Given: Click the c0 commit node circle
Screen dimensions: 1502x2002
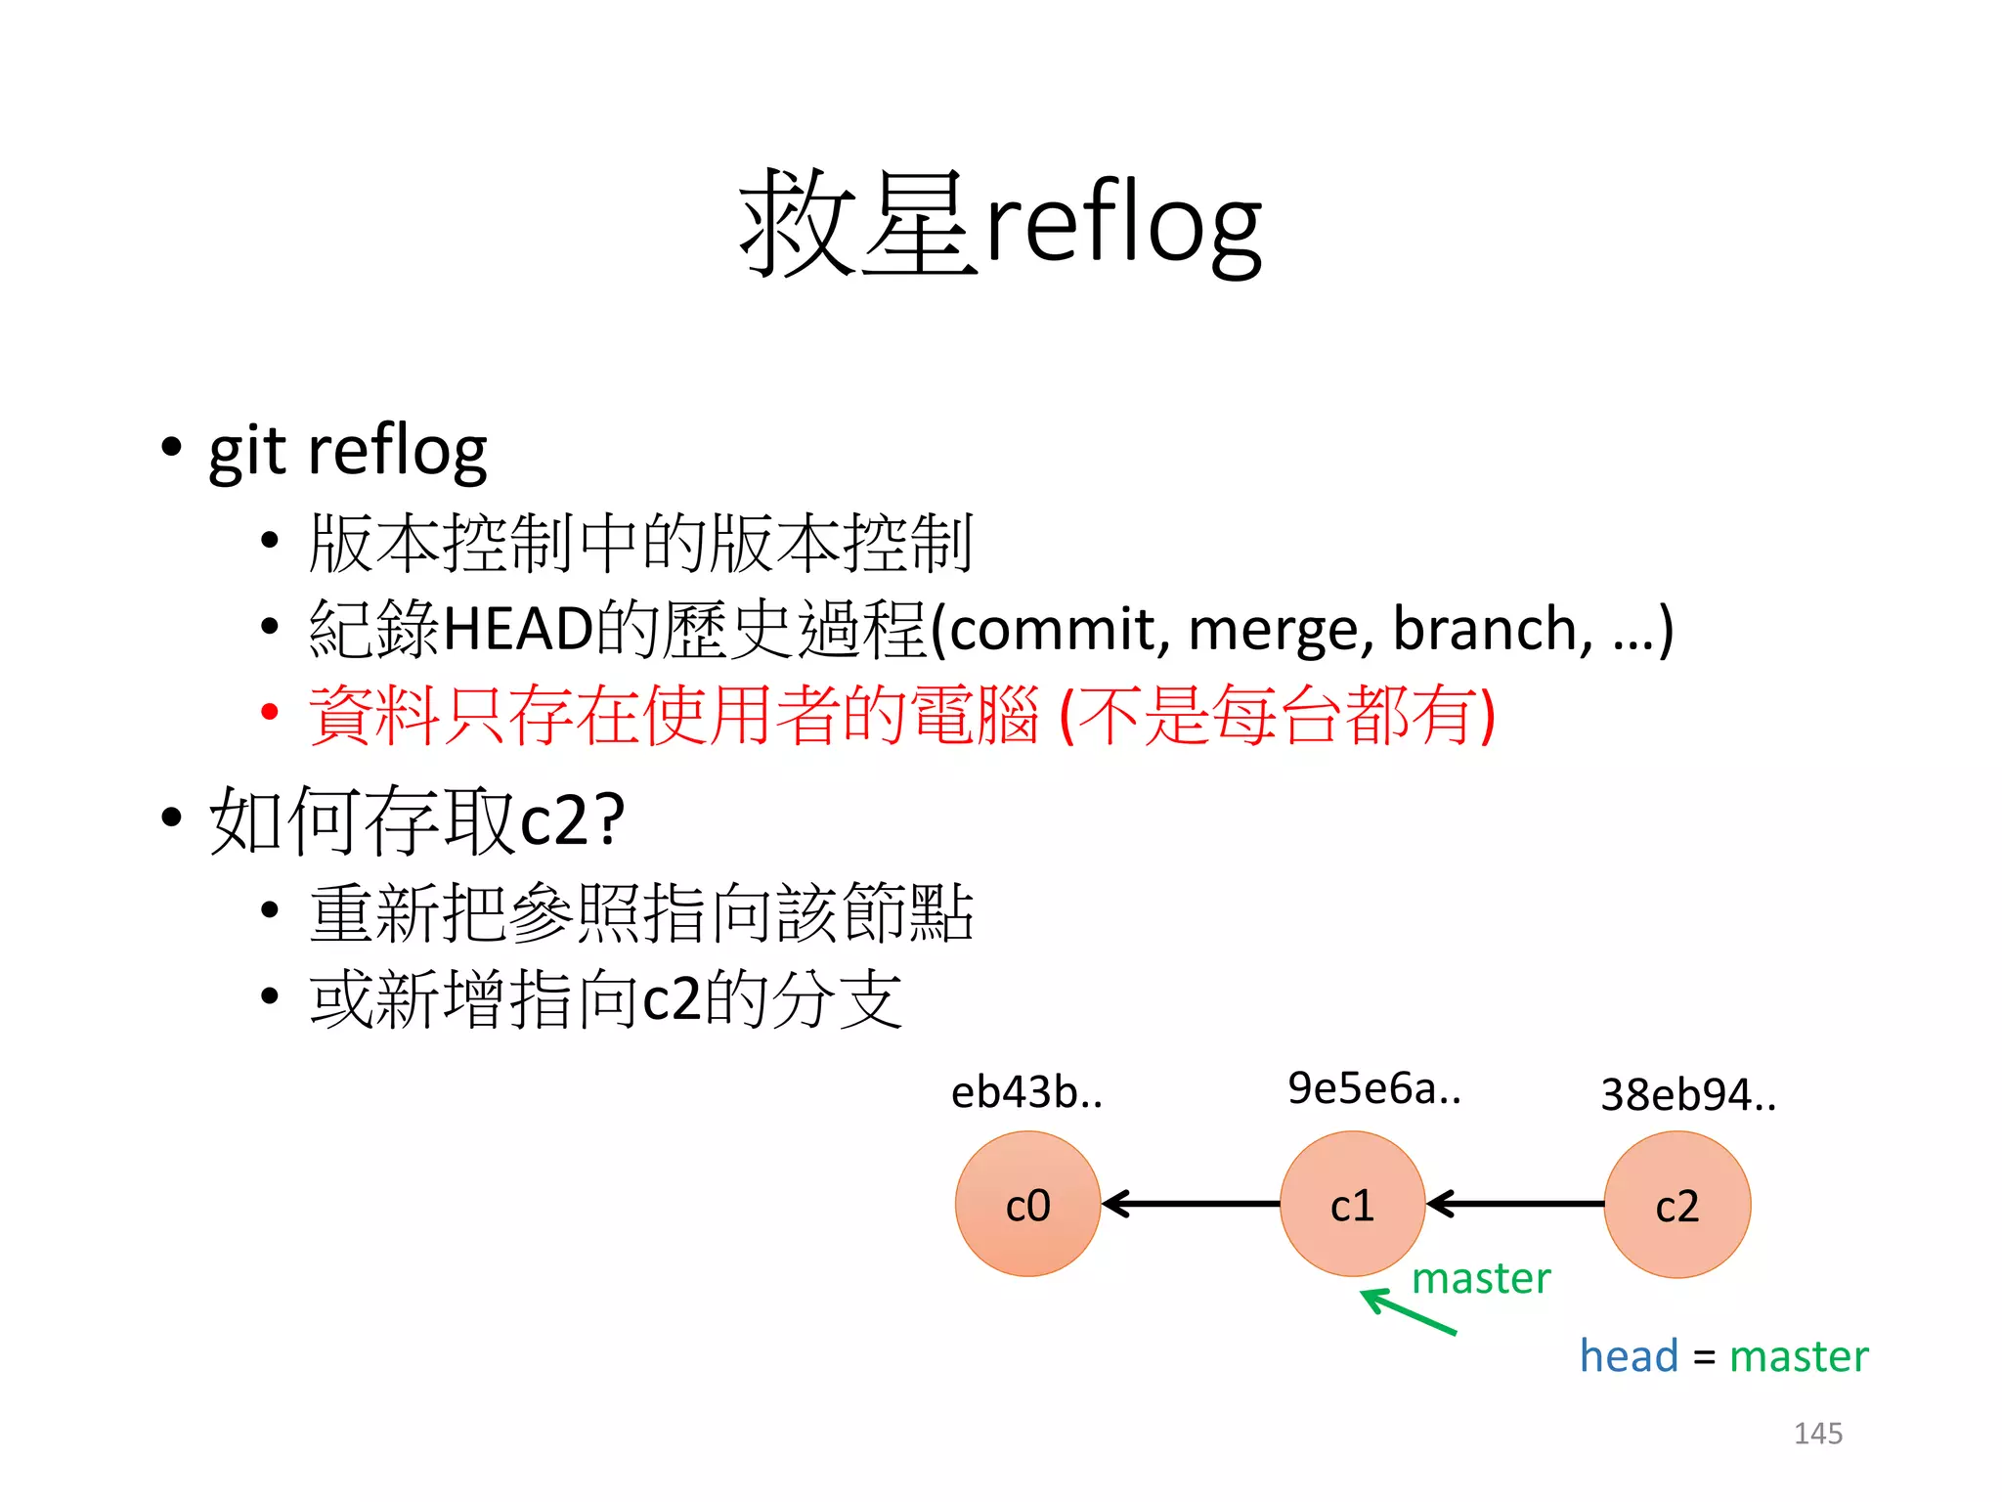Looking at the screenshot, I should [x=1027, y=1204].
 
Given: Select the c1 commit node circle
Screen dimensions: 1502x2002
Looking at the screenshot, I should [x=1352, y=1204].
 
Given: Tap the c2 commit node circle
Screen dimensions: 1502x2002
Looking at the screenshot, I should [x=1676, y=1204].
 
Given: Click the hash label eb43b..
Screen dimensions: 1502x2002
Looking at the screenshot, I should [x=1026, y=1092].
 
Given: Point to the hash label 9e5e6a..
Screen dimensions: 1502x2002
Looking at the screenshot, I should [x=1373, y=1088].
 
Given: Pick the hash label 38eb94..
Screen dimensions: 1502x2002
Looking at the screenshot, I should [x=1687, y=1095].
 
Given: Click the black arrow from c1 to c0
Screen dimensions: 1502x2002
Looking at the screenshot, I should [x=1190, y=1204].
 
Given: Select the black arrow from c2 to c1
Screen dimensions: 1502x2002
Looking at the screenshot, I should [x=1514, y=1204].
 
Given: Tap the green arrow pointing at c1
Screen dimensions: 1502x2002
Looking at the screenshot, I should [x=1409, y=1311].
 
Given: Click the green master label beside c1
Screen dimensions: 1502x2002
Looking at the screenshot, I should [x=1481, y=1279].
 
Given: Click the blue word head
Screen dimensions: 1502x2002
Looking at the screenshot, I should [x=1629, y=1356].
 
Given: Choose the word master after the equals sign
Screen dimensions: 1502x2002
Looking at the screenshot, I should [x=1799, y=1356].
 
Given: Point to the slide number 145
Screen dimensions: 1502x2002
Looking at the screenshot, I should [x=1817, y=1434].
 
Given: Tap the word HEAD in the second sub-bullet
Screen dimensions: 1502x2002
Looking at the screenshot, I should [x=519, y=629].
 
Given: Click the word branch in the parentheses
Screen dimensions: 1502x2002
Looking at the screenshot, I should [x=1491, y=629].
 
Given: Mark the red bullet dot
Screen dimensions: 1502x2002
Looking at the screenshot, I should [x=270, y=712].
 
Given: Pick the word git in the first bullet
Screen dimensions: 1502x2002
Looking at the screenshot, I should [x=247, y=452].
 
